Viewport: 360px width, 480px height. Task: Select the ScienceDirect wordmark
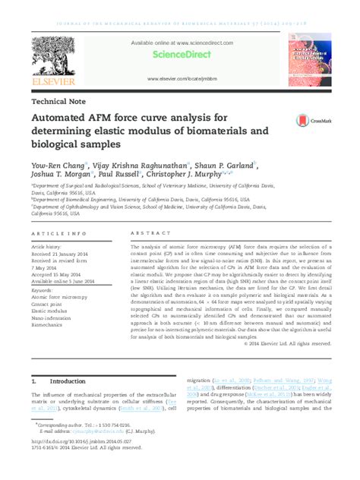[179, 55]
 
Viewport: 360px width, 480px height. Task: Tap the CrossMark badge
[309, 120]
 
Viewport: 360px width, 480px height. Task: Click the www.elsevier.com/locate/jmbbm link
[180, 78]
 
